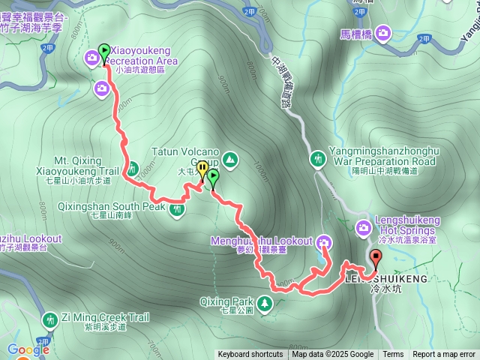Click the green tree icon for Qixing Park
pos(265,303)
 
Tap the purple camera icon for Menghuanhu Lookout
pos(324,241)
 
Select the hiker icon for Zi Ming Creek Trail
pos(49,319)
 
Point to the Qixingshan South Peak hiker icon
pos(177,209)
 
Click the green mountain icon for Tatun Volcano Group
pos(229,159)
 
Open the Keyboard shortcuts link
pos(250,355)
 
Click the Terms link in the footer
pos(393,355)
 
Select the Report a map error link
pos(445,355)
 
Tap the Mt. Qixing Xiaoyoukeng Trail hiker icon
pos(133,168)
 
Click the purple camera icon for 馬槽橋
pos(383,32)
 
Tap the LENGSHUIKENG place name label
pos(386,278)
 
